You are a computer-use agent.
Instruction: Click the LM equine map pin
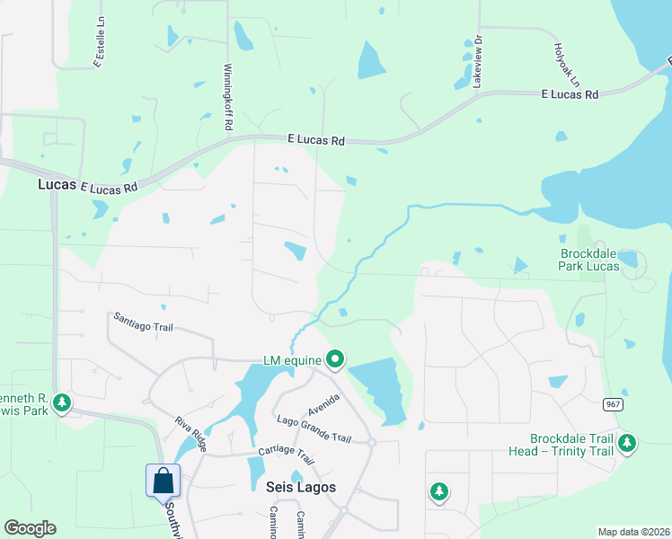pyautogui.click(x=335, y=360)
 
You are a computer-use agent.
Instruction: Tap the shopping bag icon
pyautogui.click(x=164, y=480)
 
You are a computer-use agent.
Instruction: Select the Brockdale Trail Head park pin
pyautogui.click(x=627, y=442)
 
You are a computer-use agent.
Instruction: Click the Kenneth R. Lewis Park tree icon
pyautogui.click(x=62, y=402)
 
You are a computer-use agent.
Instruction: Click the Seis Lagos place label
pyautogui.click(x=301, y=486)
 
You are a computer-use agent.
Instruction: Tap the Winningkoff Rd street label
pyautogui.click(x=228, y=97)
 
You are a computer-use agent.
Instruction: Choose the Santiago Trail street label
pyautogui.click(x=143, y=323)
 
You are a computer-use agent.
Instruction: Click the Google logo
pyautogui.click(x=29, y=528)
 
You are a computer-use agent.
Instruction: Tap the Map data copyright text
pyautogui.click(x=632, y=532)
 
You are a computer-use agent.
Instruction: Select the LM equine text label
pyautogui.click(x=292, y=361)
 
